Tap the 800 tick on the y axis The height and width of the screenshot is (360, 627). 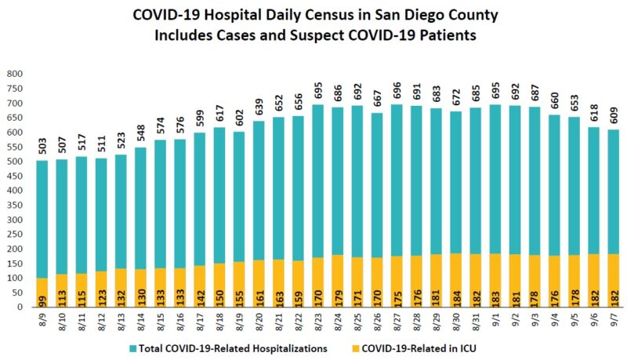click(15, 74)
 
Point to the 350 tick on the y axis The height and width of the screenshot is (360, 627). click(15, 205)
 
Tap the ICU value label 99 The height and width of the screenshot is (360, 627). click(42, 300)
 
